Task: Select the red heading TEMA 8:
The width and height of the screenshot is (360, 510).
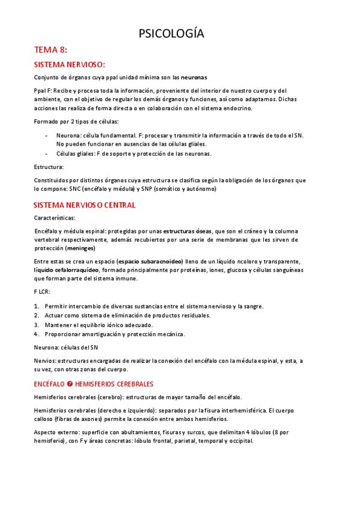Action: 51,50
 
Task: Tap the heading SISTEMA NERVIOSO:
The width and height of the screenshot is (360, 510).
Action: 70,64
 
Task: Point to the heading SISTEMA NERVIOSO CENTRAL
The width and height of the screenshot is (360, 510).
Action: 85,205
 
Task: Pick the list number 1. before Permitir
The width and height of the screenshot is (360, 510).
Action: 37,306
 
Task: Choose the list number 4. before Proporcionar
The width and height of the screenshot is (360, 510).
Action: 37,334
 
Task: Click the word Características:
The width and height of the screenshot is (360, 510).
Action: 55,218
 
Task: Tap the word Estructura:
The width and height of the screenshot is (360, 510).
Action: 49,167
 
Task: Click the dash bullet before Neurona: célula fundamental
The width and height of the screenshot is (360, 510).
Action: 47,136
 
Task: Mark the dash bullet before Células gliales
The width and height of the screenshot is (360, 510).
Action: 47,153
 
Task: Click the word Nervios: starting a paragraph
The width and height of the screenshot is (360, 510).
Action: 46,360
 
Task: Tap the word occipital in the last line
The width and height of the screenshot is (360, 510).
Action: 239,440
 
